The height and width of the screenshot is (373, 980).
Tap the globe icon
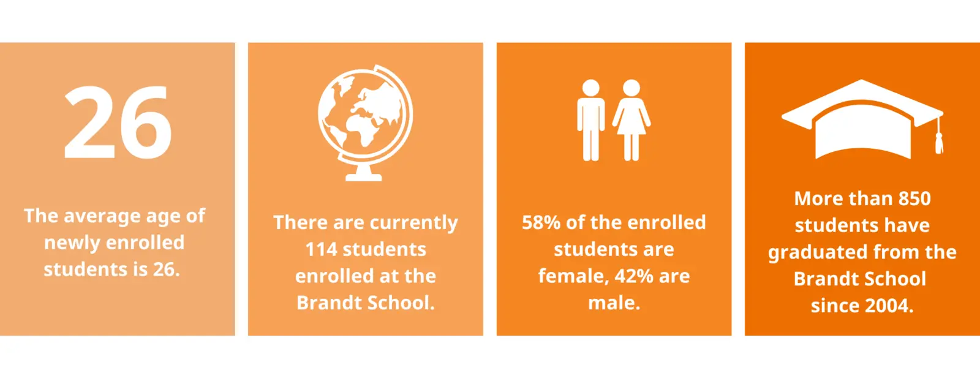pos(365,123)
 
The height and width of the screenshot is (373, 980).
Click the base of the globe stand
pos(364,176)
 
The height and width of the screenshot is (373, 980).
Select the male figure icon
pos(590,120)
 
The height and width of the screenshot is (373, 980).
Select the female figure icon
pos(631,120)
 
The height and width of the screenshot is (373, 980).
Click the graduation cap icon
pos(862,119)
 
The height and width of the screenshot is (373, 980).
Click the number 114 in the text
pos(321,250)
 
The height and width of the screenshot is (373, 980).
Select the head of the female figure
pos(631,88)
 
